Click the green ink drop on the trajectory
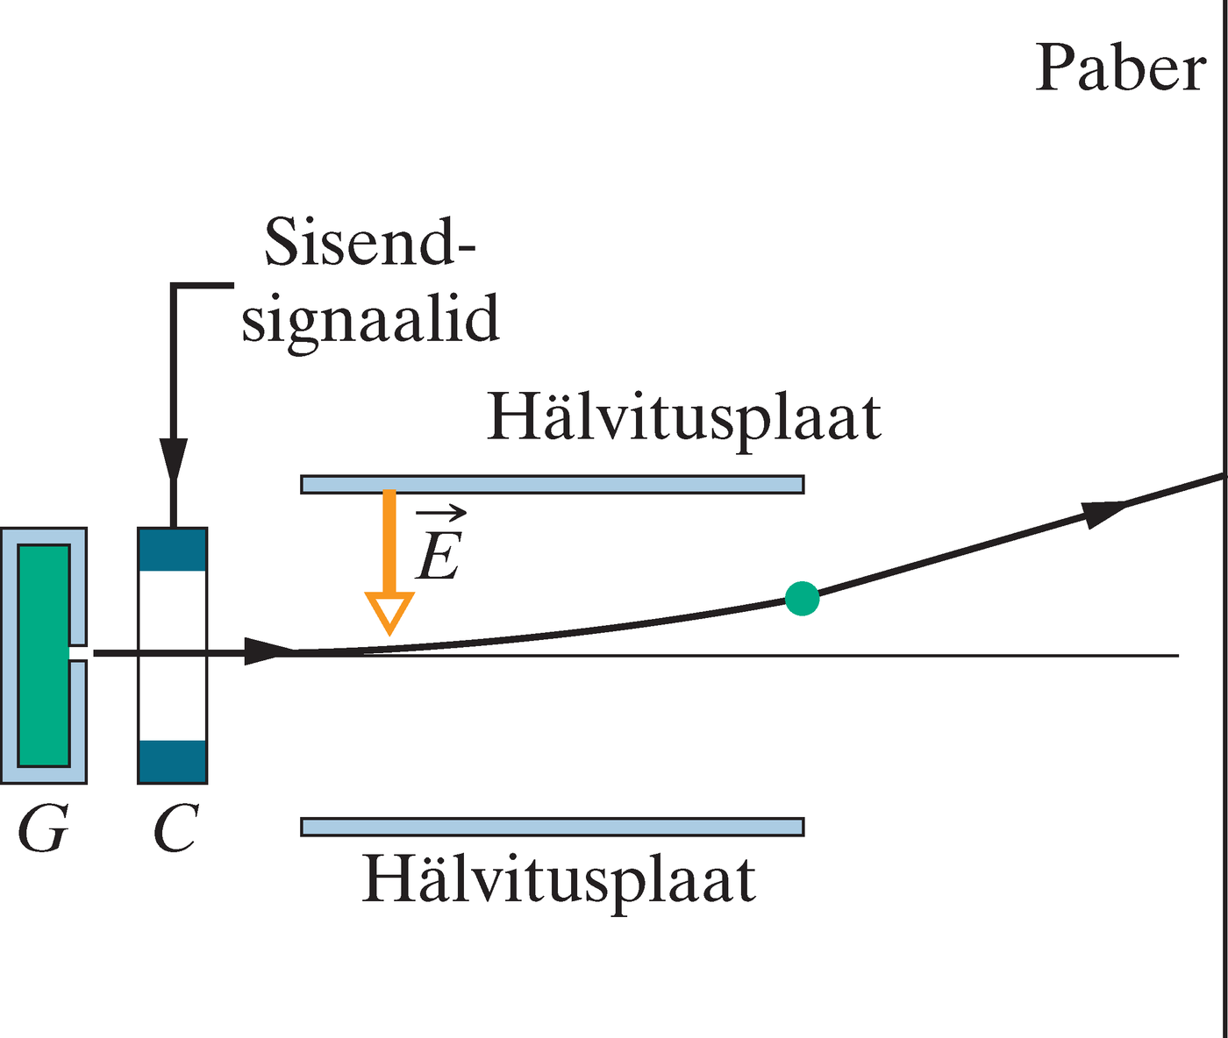(802, 599)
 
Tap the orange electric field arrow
(389, 561)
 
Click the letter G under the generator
(42, 828)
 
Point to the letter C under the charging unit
(175, 828)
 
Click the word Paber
(1120, 68)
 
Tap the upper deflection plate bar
(553, 484)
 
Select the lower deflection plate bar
(553, 827)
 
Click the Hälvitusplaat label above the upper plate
(683, 418)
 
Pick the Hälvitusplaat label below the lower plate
(559, 880)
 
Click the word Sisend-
(369, 242)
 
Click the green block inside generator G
(43, 655)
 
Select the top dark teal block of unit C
(173, 550)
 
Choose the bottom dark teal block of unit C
(173, 761)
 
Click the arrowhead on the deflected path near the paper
(1103, 512)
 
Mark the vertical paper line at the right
(1222, 701)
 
